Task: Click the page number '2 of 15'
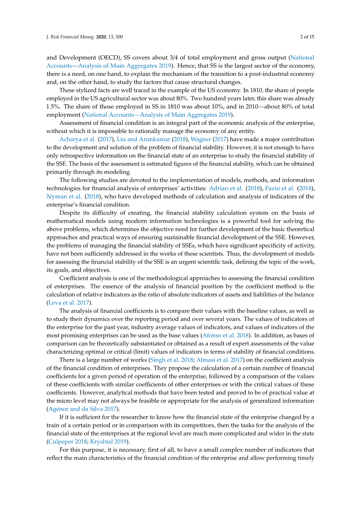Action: pyautogui.click(x=307, y=37)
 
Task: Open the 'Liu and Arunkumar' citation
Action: pyautogui.click(x=144, y=139)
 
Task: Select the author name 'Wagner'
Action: pyautogui.click(x=201, y=139)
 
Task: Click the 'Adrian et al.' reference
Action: pyautogui.click(x=226, y=188)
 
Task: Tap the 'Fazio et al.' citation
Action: pyautogui.click(x=279, y=188)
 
